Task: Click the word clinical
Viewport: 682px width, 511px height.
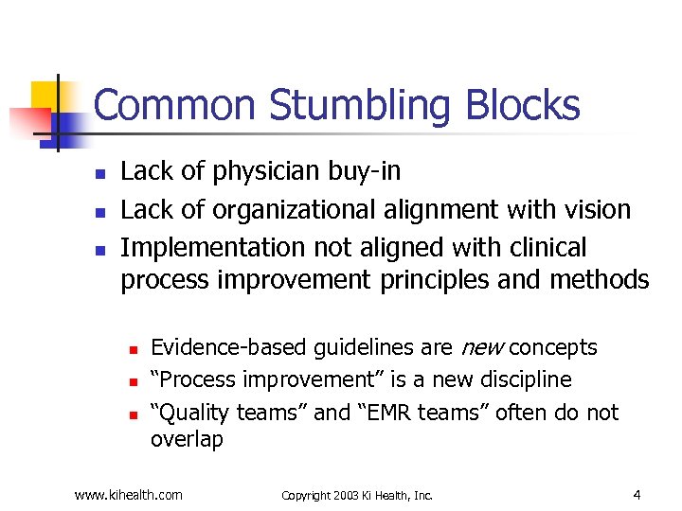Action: [x=544, y=248]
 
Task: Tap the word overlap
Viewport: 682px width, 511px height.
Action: [x=187, y=440]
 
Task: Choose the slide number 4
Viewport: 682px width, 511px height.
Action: [x=637, y=494]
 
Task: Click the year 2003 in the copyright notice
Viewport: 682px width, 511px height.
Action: [x=351, y=495]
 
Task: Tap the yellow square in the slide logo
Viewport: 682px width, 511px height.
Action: [x=45, y=97]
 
